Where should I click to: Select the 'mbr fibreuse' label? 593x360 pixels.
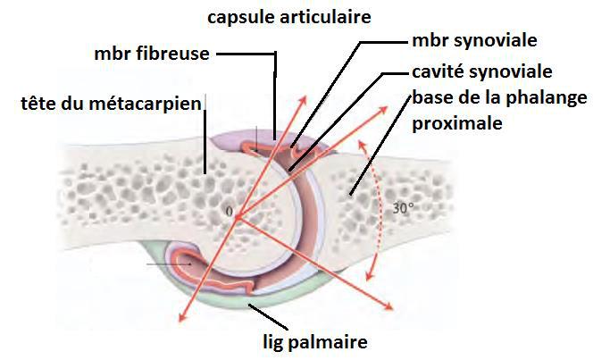coord(151,53)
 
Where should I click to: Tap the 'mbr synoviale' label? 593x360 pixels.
coord(474,41)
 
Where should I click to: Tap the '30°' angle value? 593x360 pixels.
coord(404,210)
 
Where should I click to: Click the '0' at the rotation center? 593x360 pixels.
coord(230,213)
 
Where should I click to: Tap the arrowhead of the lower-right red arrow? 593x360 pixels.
coord(390,308)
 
